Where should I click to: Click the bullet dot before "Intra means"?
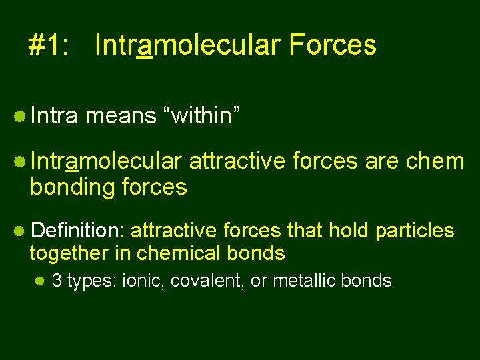[x=19, y=117]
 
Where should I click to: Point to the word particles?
[x=415, y=231]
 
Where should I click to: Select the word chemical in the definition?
[x=177, y=253]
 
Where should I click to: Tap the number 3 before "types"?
[x=56, y=281]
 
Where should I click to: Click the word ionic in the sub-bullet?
[x=143, y=281]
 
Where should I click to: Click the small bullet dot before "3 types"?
[x=41, y=281]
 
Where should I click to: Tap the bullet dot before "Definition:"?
[x=19, y=231]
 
